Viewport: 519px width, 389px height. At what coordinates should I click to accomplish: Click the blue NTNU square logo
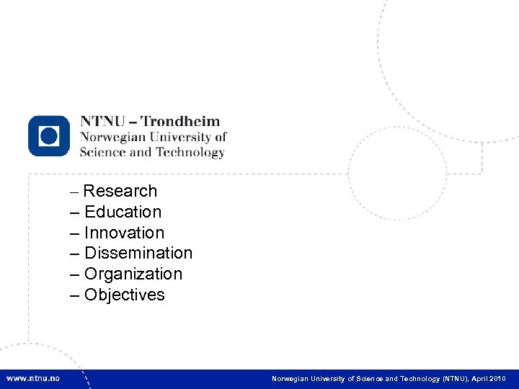click(x=49, y=135)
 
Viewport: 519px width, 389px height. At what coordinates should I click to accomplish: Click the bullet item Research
click(x=120, y=191)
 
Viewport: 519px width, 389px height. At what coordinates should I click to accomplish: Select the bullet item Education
click(x=123, y=212)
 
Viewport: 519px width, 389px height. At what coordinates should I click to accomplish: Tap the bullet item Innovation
click(x=124, y=233)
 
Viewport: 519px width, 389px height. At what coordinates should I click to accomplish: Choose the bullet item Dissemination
click(x=138, y=253)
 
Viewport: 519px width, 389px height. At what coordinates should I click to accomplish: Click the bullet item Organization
click(x=133, y=274)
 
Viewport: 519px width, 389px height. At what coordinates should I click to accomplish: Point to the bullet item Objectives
click(x=125, y=295)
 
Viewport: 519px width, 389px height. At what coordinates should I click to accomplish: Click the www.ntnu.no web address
click(x=33, y=378)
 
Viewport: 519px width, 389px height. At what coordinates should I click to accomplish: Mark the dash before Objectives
click(x=75, y=295)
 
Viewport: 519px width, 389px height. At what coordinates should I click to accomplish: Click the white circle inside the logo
click(x=49, y=135)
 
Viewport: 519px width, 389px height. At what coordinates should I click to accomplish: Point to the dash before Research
click(x=75, y=192)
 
